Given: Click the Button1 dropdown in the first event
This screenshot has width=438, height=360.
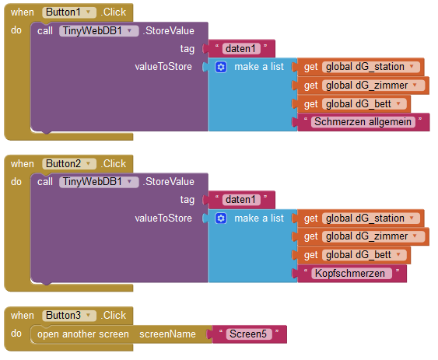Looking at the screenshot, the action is coord(69,12).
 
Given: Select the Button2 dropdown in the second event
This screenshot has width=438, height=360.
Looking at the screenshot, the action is coord(69,163).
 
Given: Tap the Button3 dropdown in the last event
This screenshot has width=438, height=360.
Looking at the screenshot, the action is coord(69,316).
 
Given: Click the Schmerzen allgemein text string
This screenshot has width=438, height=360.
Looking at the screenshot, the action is coord(363,122).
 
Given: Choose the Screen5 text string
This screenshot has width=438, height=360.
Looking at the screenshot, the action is coord(249,334).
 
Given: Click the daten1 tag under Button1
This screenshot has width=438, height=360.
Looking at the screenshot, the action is coord(241,48).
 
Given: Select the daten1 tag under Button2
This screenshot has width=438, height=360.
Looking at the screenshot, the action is coord(241,200).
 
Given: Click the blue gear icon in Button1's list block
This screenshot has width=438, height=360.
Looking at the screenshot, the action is coord(221,67).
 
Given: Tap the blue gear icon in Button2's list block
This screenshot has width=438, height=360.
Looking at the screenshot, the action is coord(221,218).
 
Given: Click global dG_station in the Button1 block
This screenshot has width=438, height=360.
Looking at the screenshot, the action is coord(370,67).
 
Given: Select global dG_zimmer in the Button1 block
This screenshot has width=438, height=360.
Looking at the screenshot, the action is coord(373,86).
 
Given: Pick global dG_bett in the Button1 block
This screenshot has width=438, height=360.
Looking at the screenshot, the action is coord(364,104).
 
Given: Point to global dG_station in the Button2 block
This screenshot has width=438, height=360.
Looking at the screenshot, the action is coord(370,218).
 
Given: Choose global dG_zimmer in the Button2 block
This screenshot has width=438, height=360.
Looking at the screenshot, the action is coord(373,236).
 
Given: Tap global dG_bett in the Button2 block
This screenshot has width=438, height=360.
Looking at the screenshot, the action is coord(364,255).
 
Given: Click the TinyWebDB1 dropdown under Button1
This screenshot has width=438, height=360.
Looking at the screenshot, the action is coord(99,31).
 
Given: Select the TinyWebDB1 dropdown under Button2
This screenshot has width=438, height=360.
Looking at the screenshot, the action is coord(99,182).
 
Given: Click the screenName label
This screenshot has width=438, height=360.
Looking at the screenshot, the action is coord(167,334).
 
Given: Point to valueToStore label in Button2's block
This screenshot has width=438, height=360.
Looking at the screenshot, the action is coord(163,218).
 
